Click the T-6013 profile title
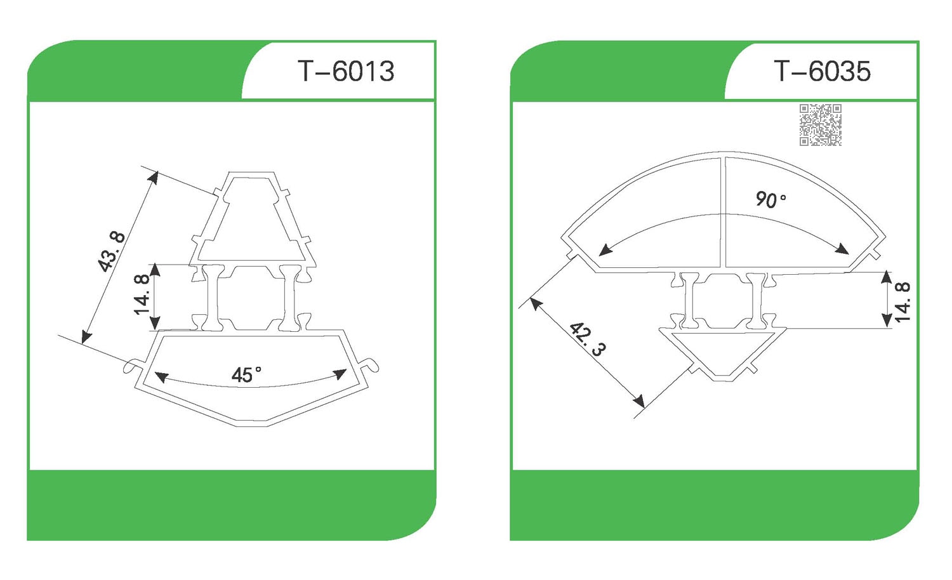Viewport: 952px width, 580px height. (x=346, y=71)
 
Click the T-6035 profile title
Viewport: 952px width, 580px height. (x=823, y=71)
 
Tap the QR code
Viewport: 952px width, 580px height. (x=820, y=125)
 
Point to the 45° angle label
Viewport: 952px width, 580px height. (x=246, y=375)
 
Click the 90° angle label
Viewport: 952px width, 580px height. (x=770, y=200)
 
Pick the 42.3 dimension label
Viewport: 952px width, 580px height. (x=587, y=339)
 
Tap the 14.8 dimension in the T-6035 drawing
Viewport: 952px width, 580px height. (x=902, y=302)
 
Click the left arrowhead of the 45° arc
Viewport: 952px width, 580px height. (x=161, y=377)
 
